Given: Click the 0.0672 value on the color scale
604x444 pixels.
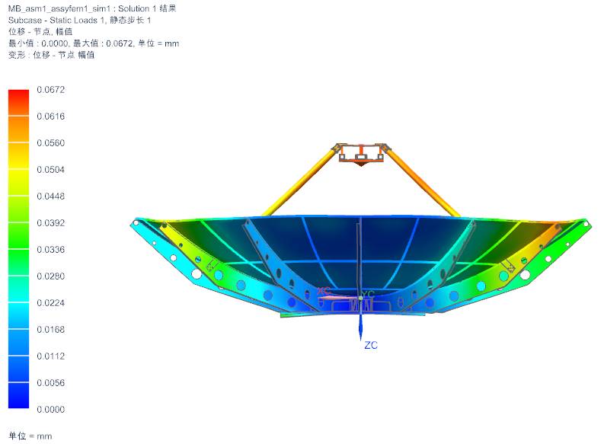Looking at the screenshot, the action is click(x=51, y=90).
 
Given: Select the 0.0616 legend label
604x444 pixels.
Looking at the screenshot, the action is click(x=51, y=117).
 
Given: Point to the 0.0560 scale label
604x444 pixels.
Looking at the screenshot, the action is click(x=51, y=143).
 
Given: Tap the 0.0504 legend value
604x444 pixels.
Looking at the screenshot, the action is click(x=51, y=169).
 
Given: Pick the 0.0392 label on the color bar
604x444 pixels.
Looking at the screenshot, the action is click(x=51, y=223).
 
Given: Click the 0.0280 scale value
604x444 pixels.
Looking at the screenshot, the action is click(x=51, y=276).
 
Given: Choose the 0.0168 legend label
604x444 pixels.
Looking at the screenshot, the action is click(x=51, y=330).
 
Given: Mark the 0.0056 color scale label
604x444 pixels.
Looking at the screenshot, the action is click(x=51, y=383).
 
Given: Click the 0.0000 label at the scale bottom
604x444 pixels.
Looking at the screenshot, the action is click(x=51, y=409).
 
